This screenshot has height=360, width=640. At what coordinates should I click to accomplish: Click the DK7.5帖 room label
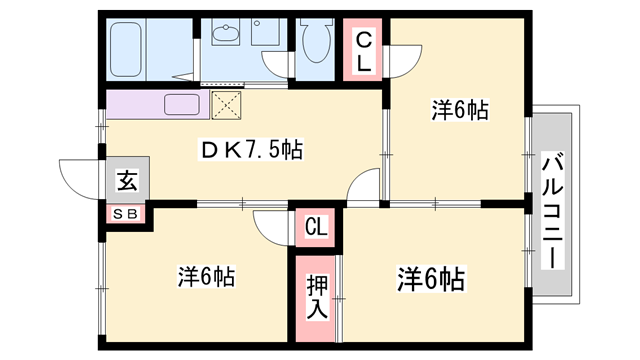tap(250, 150)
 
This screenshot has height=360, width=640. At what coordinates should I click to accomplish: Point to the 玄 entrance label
tap(128, 181)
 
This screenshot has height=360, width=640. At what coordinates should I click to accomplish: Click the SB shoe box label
tap(128, 212)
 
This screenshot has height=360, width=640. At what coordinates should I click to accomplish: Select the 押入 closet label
tap(316, 297)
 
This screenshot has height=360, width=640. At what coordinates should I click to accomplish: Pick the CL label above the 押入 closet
tap(316, 228)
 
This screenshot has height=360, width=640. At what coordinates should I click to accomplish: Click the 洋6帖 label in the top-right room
tap(459, 110)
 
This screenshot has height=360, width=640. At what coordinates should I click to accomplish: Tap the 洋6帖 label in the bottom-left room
tap(207, 274)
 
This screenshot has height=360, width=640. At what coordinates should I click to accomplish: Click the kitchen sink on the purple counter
tap(183, 104)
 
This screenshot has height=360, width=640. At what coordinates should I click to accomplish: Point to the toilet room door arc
tap(279, 66)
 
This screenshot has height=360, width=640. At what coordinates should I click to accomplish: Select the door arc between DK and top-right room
tap(366, 186)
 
